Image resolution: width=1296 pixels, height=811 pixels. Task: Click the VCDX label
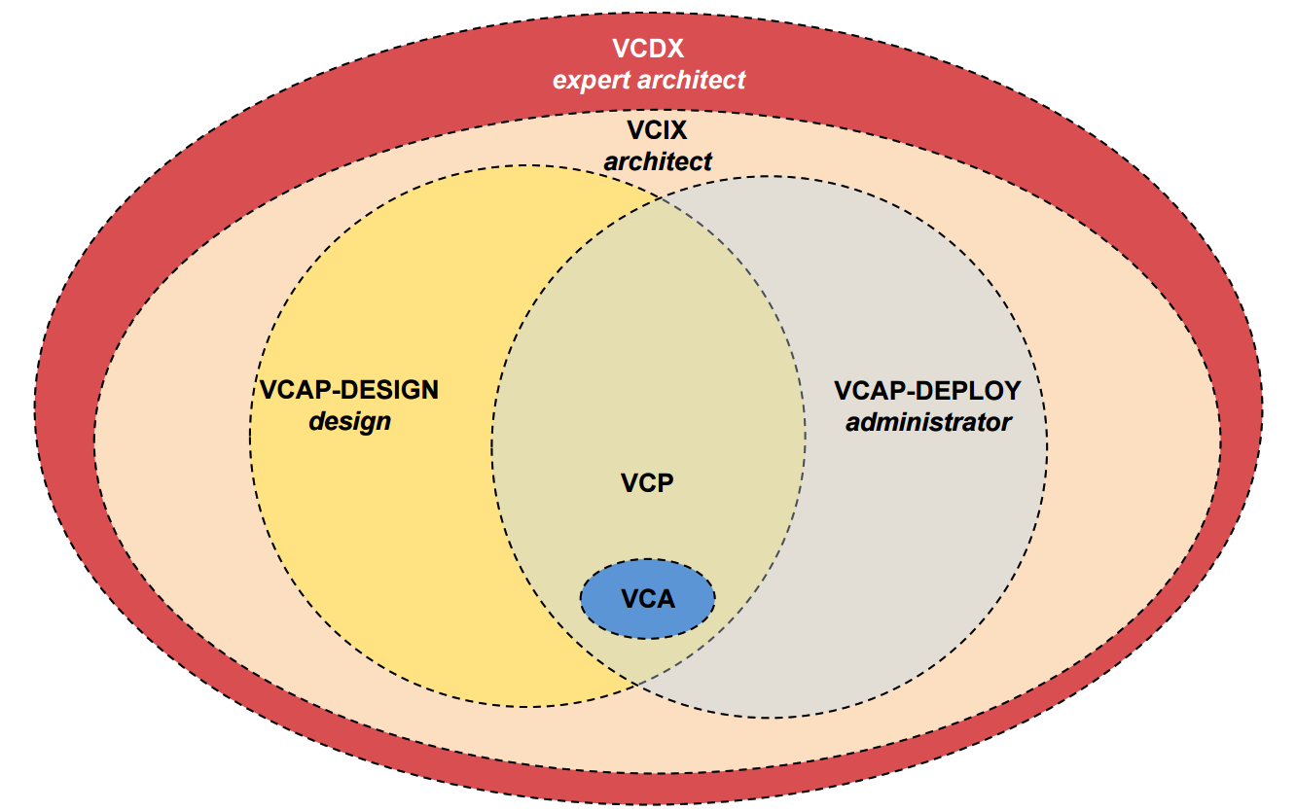(648, 49)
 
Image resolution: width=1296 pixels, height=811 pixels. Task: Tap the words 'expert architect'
(649, 80)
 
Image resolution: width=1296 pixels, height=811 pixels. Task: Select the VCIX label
(657, 130)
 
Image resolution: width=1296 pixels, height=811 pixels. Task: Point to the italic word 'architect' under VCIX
(658, 161)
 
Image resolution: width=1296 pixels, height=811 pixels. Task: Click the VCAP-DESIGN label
(349, 391)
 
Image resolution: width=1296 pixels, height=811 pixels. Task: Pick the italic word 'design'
(349, 422)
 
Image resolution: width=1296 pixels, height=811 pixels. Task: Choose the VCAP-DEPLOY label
(928, 391)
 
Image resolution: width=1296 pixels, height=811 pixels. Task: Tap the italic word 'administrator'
(928, 423)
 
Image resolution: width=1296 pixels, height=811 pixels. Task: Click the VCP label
(647, 482)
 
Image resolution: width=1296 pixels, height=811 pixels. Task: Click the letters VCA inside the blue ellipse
(647, 599)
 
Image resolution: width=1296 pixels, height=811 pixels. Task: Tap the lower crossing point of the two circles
(635, 683)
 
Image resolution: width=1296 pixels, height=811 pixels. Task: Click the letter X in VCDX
(674, 49)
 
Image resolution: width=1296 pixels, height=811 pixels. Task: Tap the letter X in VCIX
(678, 130)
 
